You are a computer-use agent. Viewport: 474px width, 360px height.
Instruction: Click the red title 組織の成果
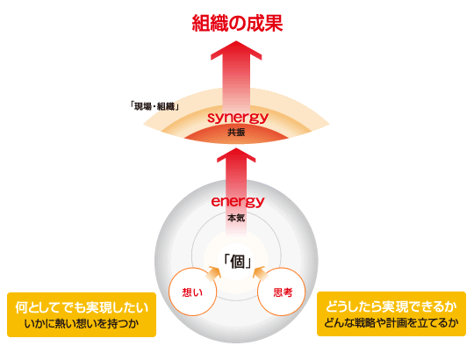(x=237, y=24)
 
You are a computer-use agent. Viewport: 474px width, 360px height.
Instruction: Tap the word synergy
(x=238, y=117)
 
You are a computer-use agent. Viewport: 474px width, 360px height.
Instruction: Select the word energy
(x=238, y=201)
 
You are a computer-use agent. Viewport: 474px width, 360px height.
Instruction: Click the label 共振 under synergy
(x=236, y=133)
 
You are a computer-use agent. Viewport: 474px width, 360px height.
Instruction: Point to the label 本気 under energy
(x=236, y=218)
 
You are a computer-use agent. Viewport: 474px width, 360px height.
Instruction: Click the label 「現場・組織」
(x=154, y=106)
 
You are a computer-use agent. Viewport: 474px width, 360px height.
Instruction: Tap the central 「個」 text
(x=237, y=262)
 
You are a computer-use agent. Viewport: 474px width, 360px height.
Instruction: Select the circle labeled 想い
(x=192, y=292)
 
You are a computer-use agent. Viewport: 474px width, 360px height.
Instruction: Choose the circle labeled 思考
(x=282, y=292)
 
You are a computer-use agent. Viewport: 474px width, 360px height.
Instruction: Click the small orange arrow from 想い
(x=212, y=273)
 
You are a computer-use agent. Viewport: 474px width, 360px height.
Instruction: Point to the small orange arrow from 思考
(x=261, y=273)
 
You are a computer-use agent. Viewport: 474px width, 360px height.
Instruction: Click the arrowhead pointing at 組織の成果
(x=236, y=50)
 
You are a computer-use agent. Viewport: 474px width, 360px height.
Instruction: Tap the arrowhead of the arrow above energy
(x=236, y=155)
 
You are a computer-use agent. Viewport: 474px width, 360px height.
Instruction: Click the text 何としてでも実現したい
(x=82, y=307)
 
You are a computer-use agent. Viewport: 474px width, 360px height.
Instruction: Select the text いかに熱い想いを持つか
(x=82, y=324)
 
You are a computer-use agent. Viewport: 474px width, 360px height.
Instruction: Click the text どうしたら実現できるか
(x=391, y=306)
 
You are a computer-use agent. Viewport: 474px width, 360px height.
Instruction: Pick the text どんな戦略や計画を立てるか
(x=391, y=323)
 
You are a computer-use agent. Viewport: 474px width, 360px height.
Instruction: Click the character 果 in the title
(x=274, y=24)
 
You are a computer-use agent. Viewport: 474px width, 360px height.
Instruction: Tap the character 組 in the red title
(x=201, y=24)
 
